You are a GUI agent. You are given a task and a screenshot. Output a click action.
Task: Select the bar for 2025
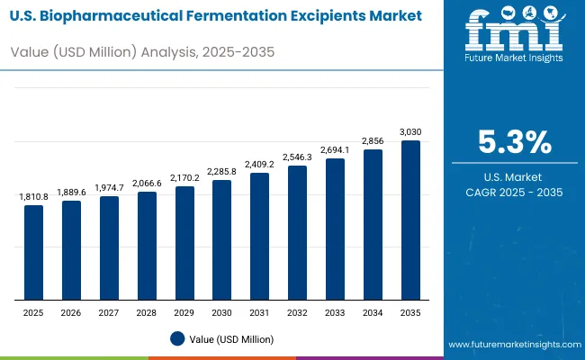coord(33,253)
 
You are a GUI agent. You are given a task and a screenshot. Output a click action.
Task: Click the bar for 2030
coord(221,240)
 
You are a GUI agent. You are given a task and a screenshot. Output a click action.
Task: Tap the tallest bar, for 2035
coord(410,220)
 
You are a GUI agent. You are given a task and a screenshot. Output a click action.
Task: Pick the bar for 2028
coord(147,246)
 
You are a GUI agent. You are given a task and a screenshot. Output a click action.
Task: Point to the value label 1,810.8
coord(33,196)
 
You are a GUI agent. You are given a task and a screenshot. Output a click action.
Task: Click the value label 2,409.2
coord(259,164)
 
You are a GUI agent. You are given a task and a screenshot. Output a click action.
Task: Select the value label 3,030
coord(410,131)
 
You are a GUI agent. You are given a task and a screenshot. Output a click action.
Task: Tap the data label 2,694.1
coord(335,149)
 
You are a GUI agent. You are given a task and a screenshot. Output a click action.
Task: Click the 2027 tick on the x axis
coord(109,312)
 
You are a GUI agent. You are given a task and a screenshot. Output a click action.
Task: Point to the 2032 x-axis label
coord(297,312)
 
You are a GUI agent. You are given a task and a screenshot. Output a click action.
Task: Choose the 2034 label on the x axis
coord(373,312)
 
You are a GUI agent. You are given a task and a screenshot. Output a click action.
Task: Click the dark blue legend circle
coord(178,338)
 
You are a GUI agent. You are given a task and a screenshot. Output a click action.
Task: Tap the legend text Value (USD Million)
coord(232,338)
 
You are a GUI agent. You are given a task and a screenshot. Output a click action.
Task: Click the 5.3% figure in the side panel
coord(513,142)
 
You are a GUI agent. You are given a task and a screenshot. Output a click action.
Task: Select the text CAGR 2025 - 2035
coord(514,193)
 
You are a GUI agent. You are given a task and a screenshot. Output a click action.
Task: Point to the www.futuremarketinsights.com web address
coord(513,345)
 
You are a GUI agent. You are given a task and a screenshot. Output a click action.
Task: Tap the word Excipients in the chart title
coord(322,15)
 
